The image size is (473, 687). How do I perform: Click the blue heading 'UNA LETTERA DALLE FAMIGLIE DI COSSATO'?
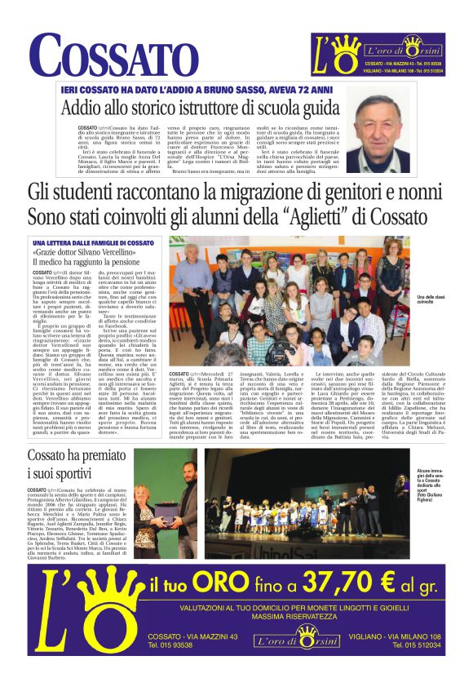[93, 243]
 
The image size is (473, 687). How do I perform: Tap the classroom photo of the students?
[290, 301]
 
